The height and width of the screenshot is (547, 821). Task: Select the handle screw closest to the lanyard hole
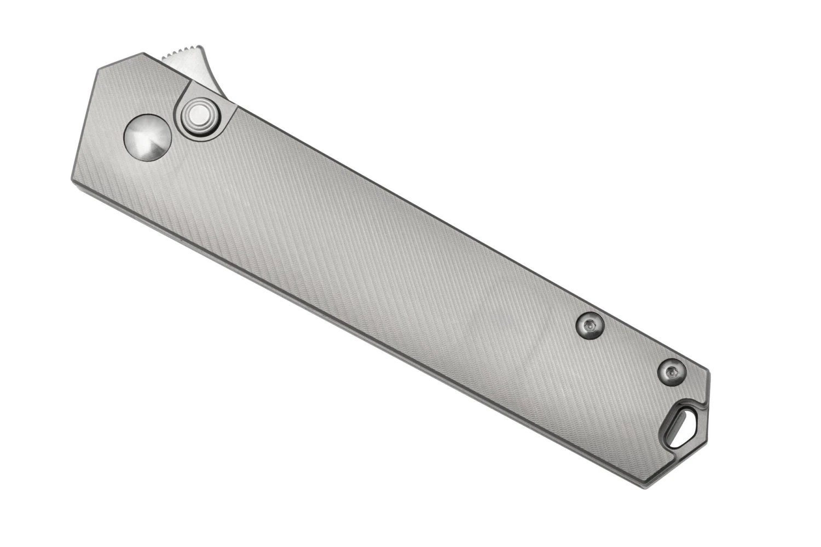tap(672, 371)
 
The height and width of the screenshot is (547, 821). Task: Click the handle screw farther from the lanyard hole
tap(590, 326)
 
